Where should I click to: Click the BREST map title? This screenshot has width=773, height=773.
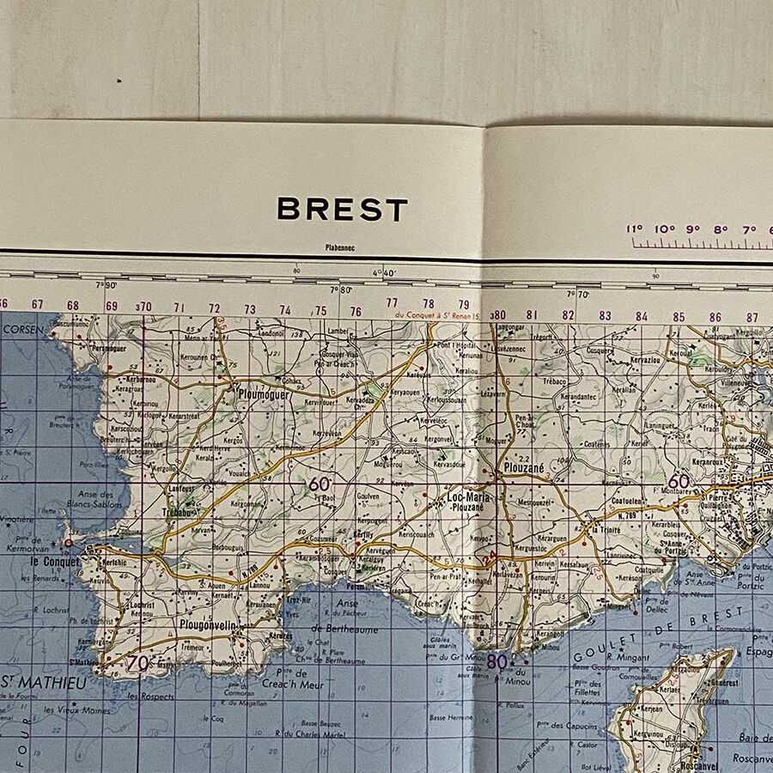(x=342, y=210)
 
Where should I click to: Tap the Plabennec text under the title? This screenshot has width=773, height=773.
(x=340, y=248)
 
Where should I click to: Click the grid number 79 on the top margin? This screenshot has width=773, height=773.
(x=464, y=304)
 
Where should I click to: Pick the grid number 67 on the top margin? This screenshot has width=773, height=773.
(x=37, y=304)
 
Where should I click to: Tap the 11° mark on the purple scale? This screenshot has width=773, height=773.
(x=635, y=229)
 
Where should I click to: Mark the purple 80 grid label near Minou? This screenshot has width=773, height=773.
(x=497, y=662)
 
